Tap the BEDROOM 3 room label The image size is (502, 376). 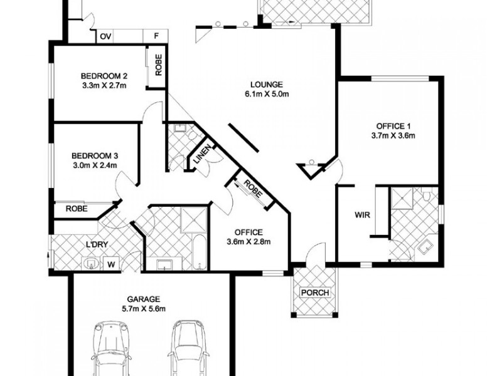coord(95,155)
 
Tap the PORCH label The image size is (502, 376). coord(316,293)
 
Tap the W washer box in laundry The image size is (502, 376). coord(112,264)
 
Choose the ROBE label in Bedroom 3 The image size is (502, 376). coord(76,209)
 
